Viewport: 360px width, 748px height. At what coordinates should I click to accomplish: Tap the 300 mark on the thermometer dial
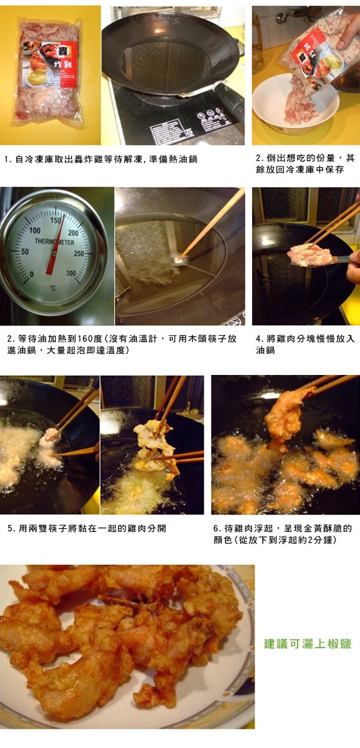point(71,273)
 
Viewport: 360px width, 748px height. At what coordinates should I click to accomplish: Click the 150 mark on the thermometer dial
point(56,221)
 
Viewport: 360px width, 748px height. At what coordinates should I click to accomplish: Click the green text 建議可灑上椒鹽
point(307,644)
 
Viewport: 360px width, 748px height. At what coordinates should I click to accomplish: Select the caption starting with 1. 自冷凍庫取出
point(101,160)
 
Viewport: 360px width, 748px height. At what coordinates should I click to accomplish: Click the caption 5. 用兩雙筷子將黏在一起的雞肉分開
point(87,529)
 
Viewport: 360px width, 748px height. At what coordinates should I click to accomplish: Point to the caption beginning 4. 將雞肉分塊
point(305,344)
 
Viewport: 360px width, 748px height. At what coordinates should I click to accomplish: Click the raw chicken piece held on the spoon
point(310,256)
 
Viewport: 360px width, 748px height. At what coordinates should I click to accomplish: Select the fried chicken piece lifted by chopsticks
point(285,417)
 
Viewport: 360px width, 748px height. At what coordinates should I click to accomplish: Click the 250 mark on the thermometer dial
point(79,254)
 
